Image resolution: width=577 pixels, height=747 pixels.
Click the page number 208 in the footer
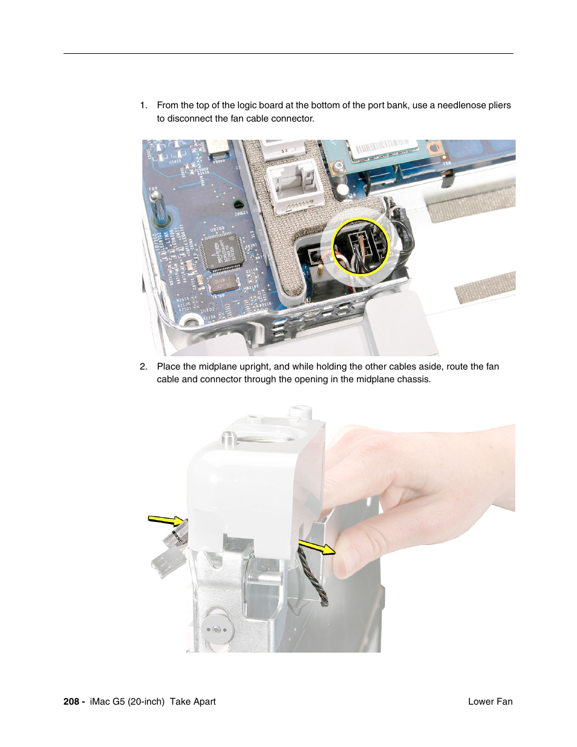[71, 702]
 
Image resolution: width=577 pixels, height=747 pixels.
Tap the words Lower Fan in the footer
[490, 702]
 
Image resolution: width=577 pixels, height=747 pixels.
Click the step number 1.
[143, 105]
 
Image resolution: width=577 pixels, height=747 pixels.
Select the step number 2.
[143, 367]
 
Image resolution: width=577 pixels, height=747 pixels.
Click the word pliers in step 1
[499, 105]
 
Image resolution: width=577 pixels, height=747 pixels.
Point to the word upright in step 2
[255, 367]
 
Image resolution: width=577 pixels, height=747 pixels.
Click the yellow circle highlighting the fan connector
[361, 247]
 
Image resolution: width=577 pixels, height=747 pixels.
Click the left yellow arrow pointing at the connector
[166, 520]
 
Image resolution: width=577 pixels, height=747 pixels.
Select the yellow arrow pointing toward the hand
[317, 547]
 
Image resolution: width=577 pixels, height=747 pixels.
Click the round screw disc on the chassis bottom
[218, 629]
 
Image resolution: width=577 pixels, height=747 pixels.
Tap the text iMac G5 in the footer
[107, 702]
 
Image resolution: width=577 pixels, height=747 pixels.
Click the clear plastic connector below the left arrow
[167, 562]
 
